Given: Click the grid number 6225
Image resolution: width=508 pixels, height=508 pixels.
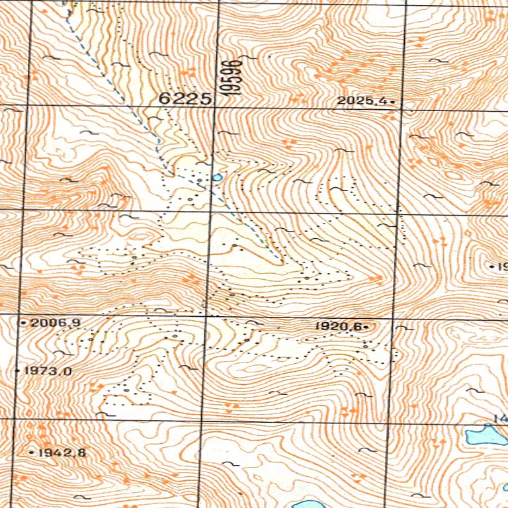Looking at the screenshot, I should pyautogui.click(x=185, y=99).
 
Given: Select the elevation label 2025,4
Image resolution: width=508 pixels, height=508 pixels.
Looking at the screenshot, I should pyautogui.click(x=362, y=101).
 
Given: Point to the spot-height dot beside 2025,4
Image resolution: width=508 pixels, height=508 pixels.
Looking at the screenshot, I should pyautogui.click(x=392, y=102).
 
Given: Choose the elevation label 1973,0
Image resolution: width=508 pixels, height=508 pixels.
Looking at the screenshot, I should pyautogui.click(x=47, y=371).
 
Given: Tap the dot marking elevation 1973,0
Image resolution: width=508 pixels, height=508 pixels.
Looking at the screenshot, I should pyautogui.click(x=18, y=371).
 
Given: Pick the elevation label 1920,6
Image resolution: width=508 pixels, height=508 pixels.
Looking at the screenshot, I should pyautogui.click(x=338, y=326).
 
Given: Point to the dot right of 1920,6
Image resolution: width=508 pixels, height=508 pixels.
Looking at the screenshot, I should pyautogui.click(x=365, y=326).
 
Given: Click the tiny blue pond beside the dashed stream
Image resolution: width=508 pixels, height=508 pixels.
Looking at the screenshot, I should pyautogui.click(x=216, y=177).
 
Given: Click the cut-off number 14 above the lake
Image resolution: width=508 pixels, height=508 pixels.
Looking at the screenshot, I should pyautogui.click(x=499, y=419).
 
